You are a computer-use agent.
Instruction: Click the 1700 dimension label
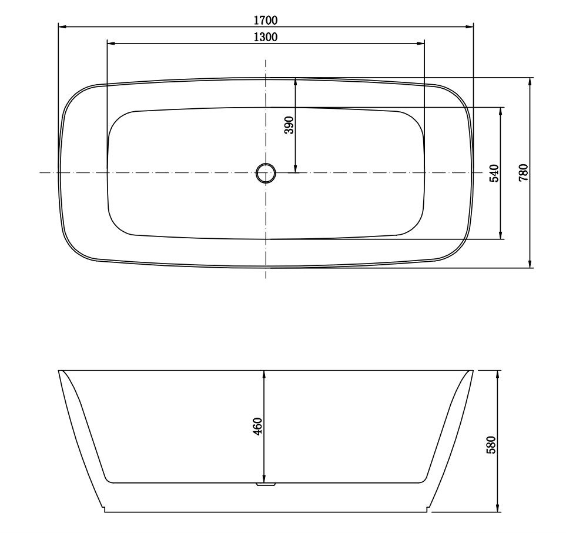265,20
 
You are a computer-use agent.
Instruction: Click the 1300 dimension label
265,37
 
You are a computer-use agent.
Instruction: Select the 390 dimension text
289,125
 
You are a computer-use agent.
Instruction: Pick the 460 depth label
257,425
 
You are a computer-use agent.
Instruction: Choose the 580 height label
491,444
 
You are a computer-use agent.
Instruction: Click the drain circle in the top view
266,173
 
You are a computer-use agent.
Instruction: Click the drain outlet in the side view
266,484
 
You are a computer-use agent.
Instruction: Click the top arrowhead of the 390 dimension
295,82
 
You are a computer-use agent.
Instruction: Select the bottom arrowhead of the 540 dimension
501,235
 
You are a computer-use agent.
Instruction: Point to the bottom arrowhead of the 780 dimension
530,264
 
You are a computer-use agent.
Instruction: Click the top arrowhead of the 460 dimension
264,375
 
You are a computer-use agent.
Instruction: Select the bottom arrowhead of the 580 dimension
498,508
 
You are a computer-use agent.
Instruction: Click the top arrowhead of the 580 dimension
498,375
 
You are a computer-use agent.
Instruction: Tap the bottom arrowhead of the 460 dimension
264,479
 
